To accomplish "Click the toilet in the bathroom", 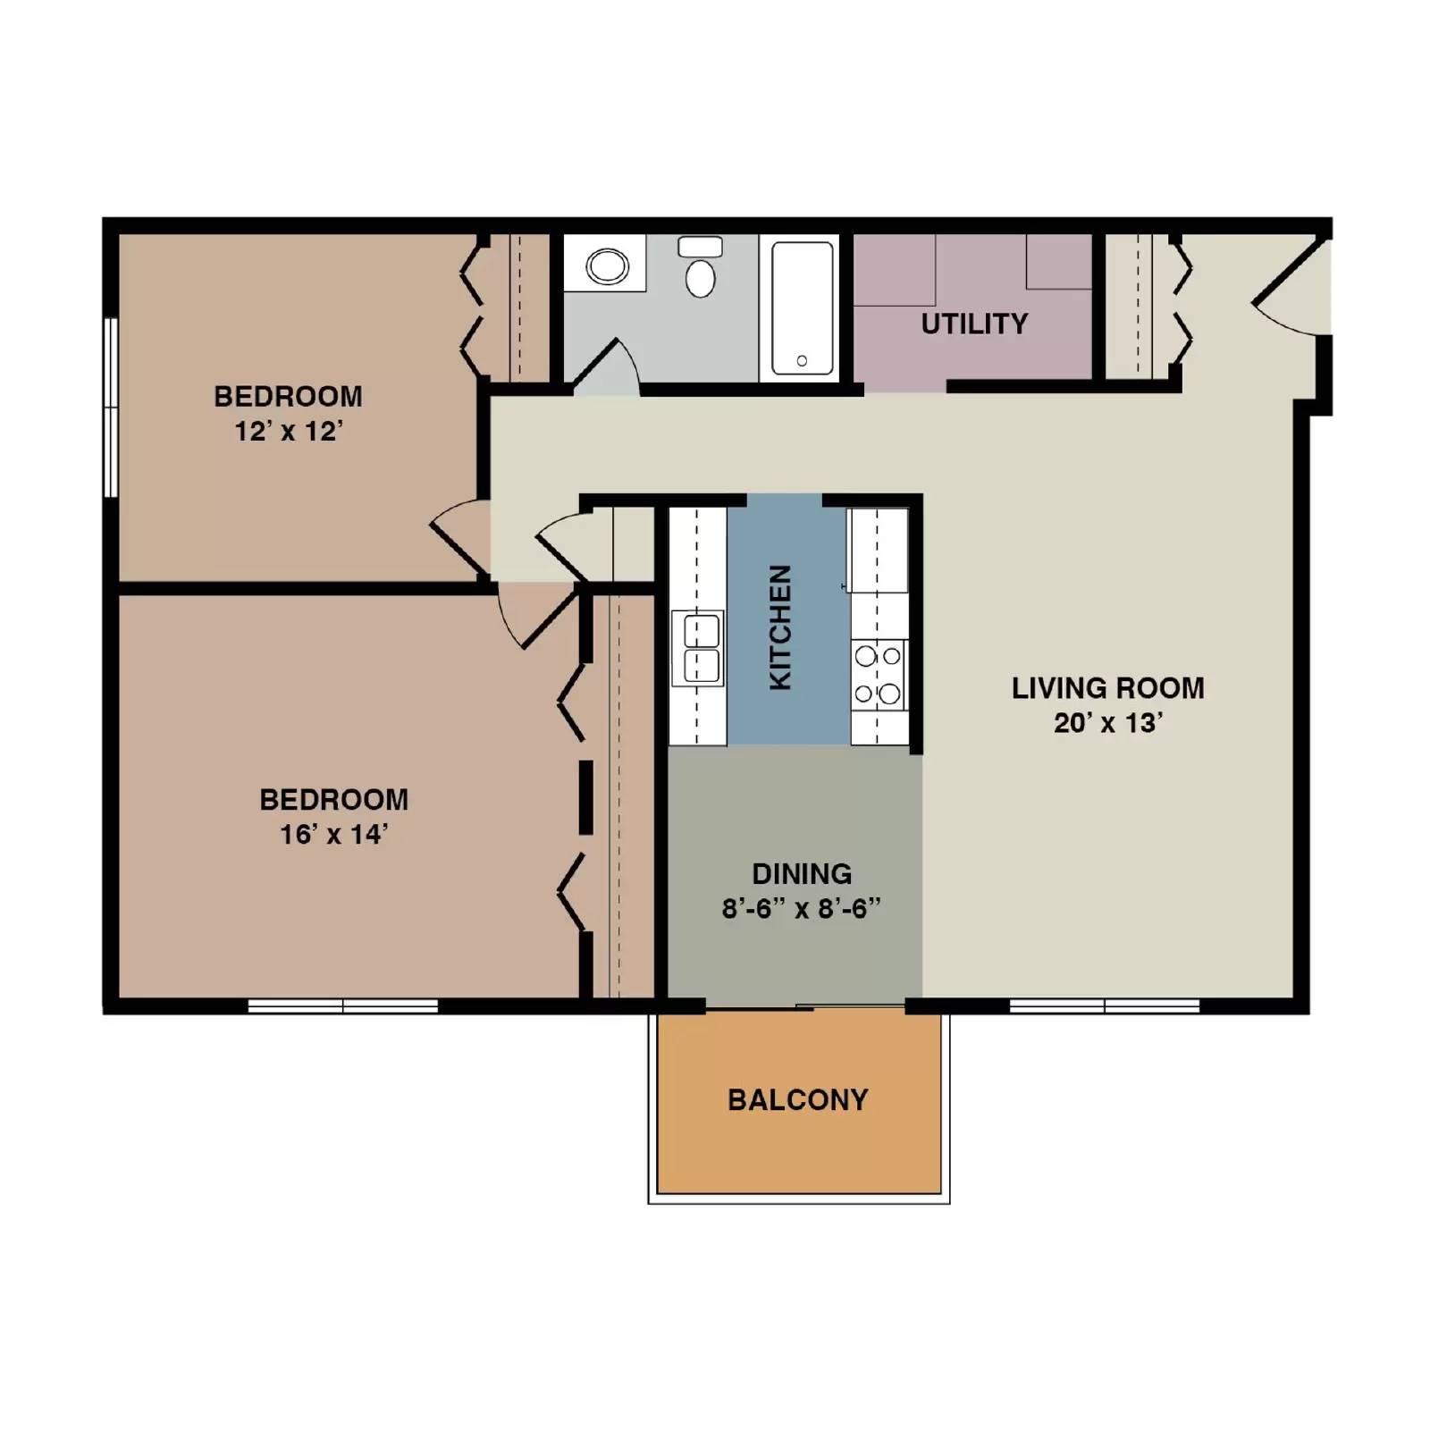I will [x=701, y=268].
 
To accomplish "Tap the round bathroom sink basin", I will [x=607, y=265].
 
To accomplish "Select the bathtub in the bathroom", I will [x=802, y=308].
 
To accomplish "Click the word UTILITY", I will [x=974, y=324].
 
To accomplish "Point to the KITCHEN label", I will [x=780, y=627].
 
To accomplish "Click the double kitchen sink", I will [x=699, y=648].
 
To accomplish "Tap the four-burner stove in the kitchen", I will [x=878, y=675].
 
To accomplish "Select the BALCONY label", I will [x=797, y=1099].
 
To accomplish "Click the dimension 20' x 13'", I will [x=1107, y=722].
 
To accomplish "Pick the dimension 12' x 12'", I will [x=288, y=432].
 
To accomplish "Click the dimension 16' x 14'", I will [x=333, y=835].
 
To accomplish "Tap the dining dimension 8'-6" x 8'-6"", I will [x=801, y=909].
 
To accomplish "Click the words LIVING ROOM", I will [x=1107, y=688].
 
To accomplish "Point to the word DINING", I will [x=801, y=873].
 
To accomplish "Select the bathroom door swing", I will [x=608, y=366].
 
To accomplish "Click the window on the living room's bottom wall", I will [x=1105, y=1006].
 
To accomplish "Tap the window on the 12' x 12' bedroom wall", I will [x=111, y=408].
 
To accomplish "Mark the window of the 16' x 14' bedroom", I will [x=342, y=1006].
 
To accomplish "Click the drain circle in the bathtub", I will [x=802, y=361].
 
